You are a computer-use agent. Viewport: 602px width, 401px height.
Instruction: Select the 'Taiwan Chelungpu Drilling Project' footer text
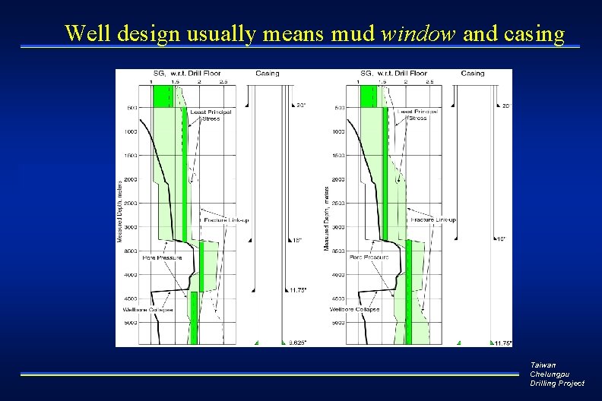(x=557, y=374)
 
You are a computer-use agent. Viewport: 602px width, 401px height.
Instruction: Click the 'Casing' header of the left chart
(x=267, y=74)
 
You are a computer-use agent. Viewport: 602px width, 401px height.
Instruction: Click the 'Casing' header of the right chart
(x=473, y=74)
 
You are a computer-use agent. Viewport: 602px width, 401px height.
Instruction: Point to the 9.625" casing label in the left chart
(x=297, y=343)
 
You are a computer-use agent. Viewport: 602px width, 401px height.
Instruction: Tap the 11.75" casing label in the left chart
(x=297, y=290)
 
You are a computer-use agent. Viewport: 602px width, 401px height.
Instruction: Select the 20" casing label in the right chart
(x=506, y=106)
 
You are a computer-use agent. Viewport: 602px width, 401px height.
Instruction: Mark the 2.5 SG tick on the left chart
(x=223, y=82)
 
